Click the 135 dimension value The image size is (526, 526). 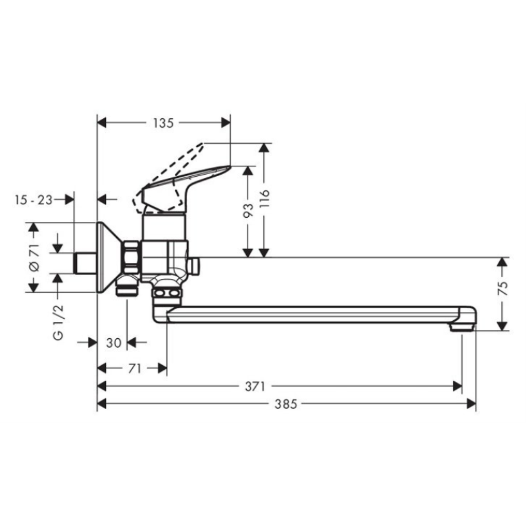tap(164, 123)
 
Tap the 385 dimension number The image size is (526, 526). tap(286, 404)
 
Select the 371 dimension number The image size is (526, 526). tap(255, 387)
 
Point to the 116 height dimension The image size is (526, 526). tap(265, 199)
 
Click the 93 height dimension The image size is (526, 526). tap(248, 210)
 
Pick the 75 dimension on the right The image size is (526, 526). tap(502, 288)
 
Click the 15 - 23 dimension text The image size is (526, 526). tap(34, 200)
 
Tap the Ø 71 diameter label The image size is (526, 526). tap(34, 257)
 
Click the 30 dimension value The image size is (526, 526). tap(114, 343)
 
